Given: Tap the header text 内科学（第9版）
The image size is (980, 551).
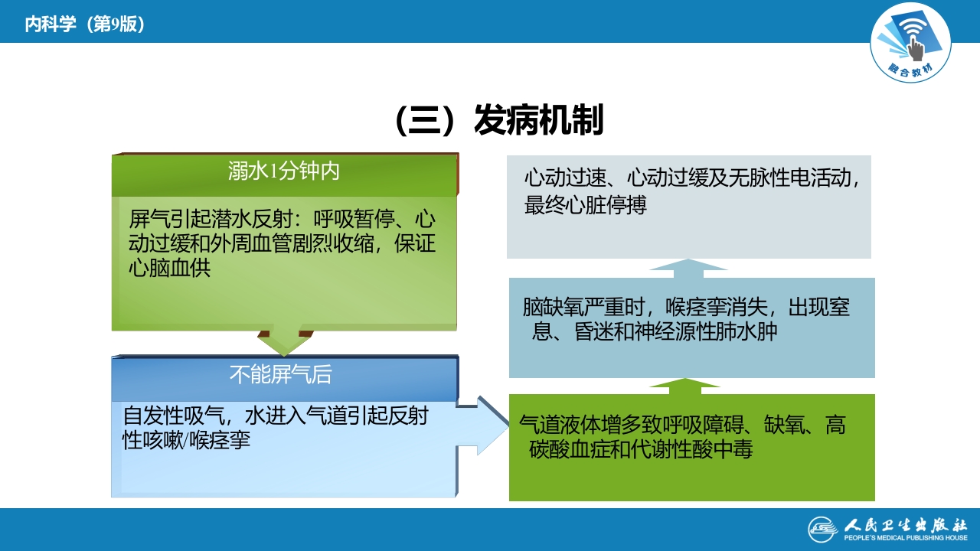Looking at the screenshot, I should click(x=84, y=24).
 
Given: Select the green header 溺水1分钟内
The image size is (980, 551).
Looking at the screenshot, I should click(x=283, y=171).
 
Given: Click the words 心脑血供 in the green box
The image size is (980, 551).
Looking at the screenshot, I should click(x=169, y=269).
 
